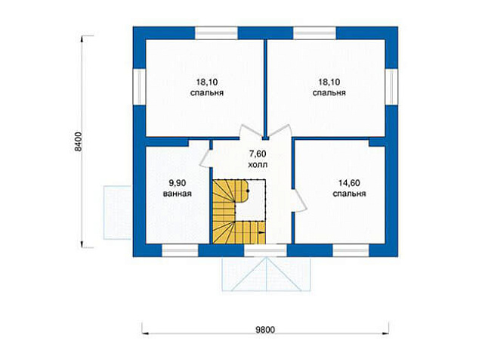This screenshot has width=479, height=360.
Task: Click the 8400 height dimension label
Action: [79, 142]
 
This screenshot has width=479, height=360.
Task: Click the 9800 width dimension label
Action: [265, 330]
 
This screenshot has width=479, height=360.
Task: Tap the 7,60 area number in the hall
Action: [257, 154]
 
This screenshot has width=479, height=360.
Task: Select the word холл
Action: [258, 165]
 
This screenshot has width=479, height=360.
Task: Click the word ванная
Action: [178, 194]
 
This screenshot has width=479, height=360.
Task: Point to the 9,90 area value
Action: [178, 183]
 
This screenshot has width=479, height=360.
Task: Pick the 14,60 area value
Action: [349, 183]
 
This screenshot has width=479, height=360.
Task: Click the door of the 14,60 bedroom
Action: [299, 200]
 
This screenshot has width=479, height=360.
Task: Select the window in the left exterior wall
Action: [139, 86]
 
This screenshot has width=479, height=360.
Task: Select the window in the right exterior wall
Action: [391, 86]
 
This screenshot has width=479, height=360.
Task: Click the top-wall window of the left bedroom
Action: [216, 33]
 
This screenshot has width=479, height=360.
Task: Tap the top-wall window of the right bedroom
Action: [314, 33]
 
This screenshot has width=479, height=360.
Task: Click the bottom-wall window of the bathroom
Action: [180, 250]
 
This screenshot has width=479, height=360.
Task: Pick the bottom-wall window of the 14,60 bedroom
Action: [351, 250]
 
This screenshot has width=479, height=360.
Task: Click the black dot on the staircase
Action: [248, 191]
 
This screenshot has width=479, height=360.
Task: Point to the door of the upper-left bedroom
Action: [251, 132]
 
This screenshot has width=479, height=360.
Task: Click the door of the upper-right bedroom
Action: [280, 132]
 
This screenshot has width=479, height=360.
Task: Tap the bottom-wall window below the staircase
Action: [265, 250]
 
